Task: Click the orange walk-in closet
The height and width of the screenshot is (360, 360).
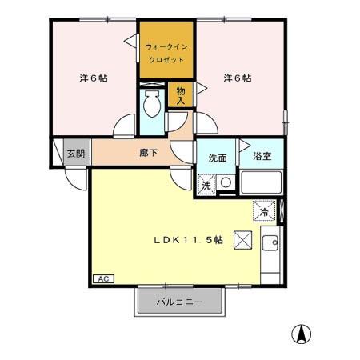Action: pyautogui.click(x=166, y=50)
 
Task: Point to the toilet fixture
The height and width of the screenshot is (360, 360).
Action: pyautogui.click(x=151, y=104)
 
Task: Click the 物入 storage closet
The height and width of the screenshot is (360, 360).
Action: pyautogui.click(x=181, y=95)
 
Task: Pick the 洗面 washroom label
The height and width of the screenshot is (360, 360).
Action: pyautogui.click(x=217, y=157)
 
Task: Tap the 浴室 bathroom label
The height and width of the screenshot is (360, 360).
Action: pyautogui.click(x=262, y=157)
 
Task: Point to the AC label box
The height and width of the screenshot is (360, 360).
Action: pyautogui.click(x=104, y=278)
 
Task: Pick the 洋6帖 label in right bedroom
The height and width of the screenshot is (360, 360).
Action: pyautogui.click(x=238, y=78)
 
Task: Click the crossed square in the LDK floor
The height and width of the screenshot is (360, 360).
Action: pyautogui.click(x=242, y=240)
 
